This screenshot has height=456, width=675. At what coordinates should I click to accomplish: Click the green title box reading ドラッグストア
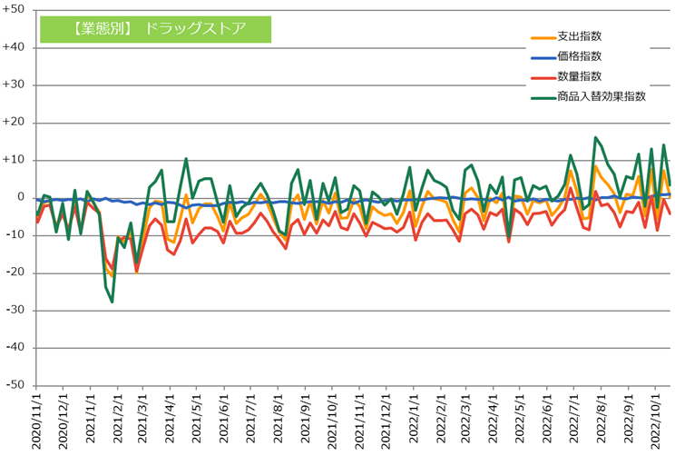[156, 28]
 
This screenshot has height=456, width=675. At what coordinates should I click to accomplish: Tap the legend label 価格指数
[579, 56]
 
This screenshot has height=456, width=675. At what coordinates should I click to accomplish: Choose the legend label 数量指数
[579, 76]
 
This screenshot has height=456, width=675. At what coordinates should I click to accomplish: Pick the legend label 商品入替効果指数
[602, 96]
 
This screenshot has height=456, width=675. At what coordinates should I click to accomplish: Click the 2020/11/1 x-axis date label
[37, 421]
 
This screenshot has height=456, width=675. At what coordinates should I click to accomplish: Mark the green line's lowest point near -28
[112, 302]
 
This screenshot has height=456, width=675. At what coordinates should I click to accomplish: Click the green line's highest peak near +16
[595, 138]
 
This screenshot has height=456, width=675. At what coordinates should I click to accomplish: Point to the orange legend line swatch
[542, 38]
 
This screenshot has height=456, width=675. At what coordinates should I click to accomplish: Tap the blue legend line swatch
[542, 57]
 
